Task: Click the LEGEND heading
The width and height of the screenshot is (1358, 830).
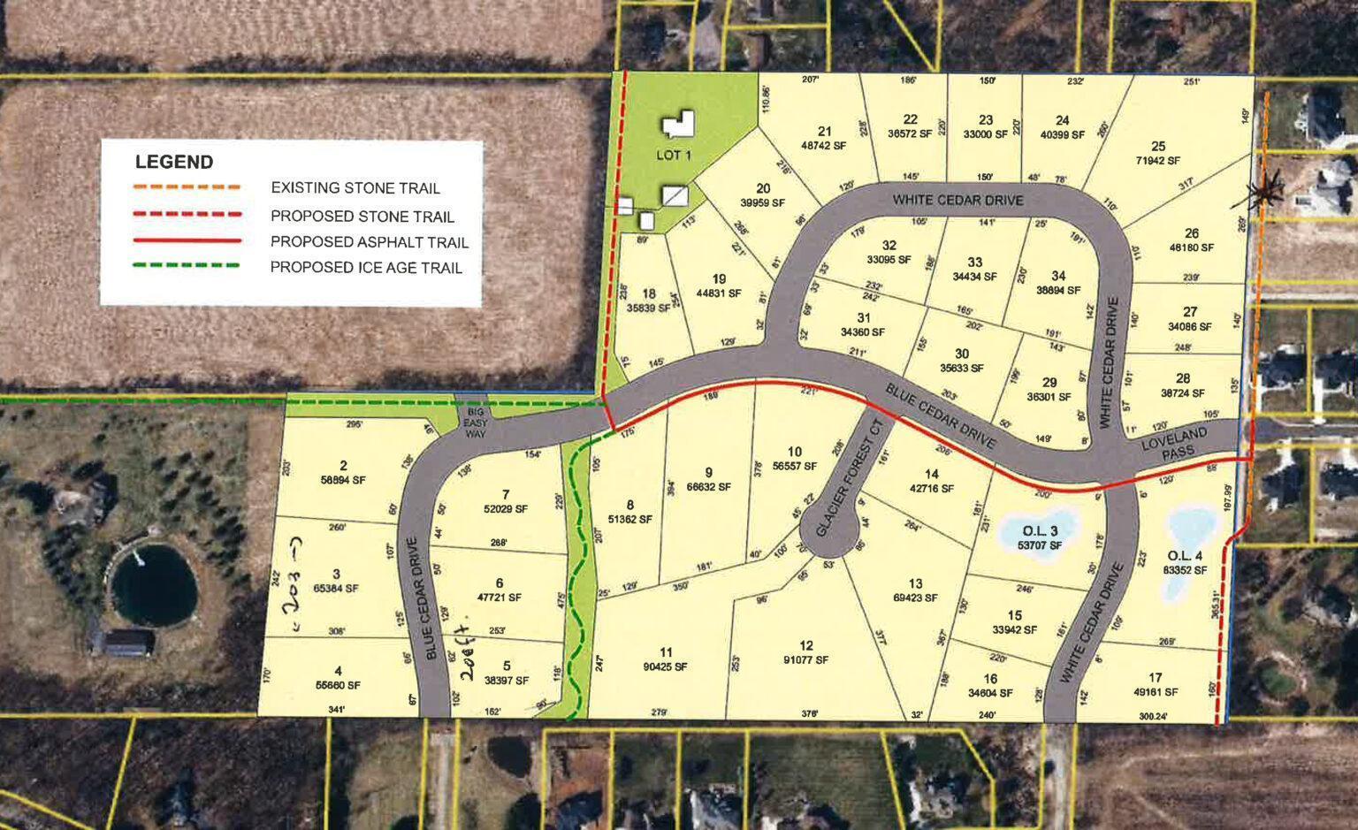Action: pyautogui.click(x=174, y=163)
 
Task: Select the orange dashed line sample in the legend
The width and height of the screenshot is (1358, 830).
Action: pyautogui.click(x=187, y=187)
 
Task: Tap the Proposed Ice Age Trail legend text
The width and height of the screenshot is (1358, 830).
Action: pyautogui.click(x=366, y=267)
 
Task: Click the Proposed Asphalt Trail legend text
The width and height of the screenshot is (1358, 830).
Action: pyautogui.click(x=370, y=242)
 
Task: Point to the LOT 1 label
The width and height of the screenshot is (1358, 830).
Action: pyautogui.click(x=672, y=155)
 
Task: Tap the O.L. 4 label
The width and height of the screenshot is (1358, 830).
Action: pyautogui.click(x=1186, y=556)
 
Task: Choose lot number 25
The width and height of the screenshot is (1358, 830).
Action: pyautogui.click(x=1158, y=146)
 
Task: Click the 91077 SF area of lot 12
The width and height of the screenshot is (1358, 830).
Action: pyautogui.click(x=805, y=660)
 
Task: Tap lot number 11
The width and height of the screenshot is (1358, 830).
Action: pyautogui.click(x=666, y=653)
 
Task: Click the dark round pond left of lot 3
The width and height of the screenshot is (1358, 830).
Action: pyautogui.click(x=154, y=584)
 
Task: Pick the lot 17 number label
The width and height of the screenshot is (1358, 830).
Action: pyautogui.click(x=1156, y=678)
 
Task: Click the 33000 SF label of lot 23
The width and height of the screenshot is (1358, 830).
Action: pyautogui.click(x=986, y=134)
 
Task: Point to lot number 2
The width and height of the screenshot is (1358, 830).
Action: pyautogui.click(x=343, y=466)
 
